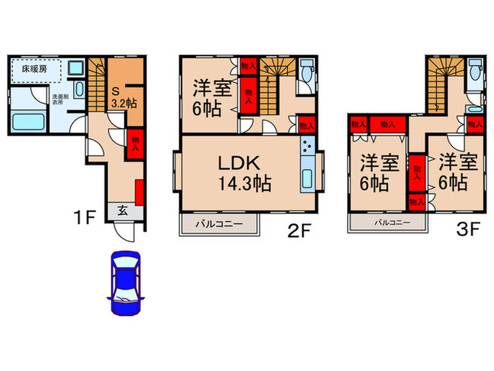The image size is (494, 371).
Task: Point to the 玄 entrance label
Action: [x=121, y=210]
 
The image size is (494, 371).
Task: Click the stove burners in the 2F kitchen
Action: [x=306, y=148]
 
